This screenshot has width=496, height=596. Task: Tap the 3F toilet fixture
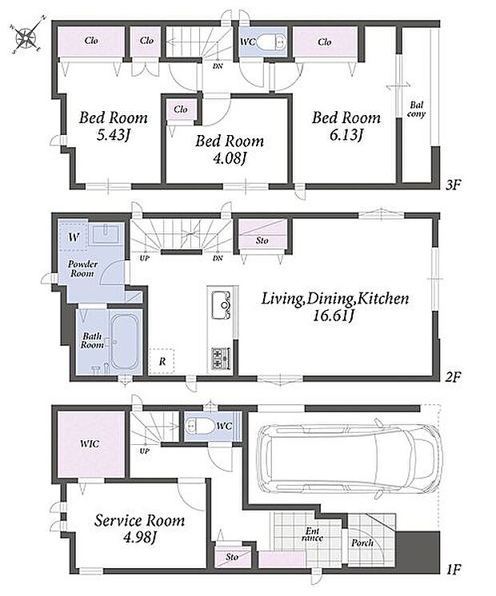[x=270, y=42]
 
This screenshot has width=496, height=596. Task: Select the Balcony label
[x=416, y=109]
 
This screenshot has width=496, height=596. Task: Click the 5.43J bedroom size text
[x=114, y=135]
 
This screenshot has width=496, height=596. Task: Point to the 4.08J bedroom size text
[x=230, y=158]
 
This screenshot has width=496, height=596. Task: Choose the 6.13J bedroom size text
[x=346, y=135]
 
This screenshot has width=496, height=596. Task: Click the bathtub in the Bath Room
[x=124, y=341]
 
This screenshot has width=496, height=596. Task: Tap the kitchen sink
[x=222, y=305]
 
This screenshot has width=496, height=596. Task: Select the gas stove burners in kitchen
[x=221, y=359]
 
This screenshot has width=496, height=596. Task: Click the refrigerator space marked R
[x=162, y=361]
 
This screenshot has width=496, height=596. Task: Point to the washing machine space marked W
[x=74, y=237]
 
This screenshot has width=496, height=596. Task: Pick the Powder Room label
[x=82, y=268]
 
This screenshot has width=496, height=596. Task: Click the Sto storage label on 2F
[x=262, y=240]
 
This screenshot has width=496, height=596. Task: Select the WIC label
[x=90, y=443]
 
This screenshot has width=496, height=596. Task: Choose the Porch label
[x=362, y=542]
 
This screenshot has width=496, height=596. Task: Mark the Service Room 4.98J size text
[x=140, y=537]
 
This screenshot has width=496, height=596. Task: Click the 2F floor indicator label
[x=453, y=376]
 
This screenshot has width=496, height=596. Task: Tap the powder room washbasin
[x=106, y=233]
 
